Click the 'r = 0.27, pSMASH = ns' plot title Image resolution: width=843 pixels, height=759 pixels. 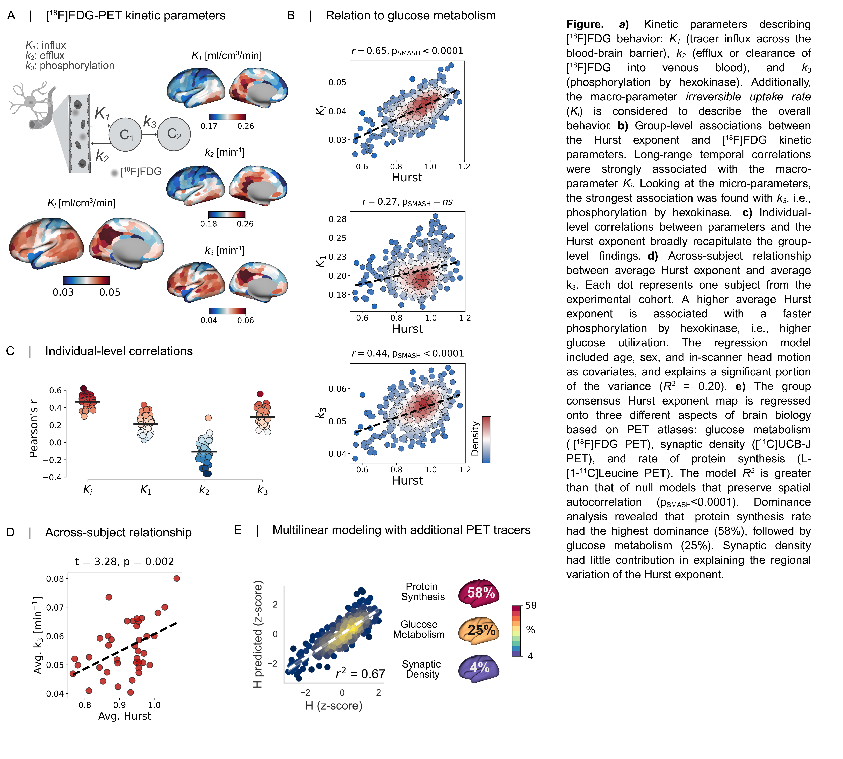[407, 202]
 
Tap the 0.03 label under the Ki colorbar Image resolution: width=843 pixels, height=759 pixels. [63, 292]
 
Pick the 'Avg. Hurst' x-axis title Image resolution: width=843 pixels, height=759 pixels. [124, 716]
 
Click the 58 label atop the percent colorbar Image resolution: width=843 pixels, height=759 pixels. [531, 605]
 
